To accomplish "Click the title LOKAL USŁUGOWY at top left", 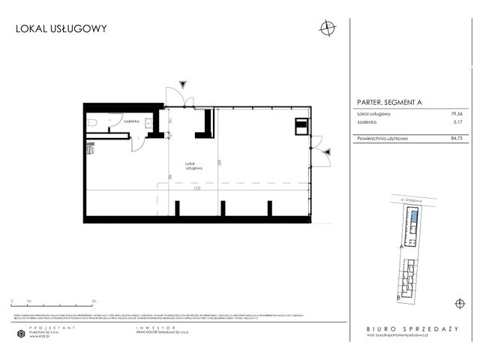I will point(61,29).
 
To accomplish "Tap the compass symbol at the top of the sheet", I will point(326,28).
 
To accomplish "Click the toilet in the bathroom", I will point(91,123).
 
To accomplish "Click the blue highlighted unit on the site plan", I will point(412,220).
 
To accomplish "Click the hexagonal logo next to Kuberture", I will point(20,334).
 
